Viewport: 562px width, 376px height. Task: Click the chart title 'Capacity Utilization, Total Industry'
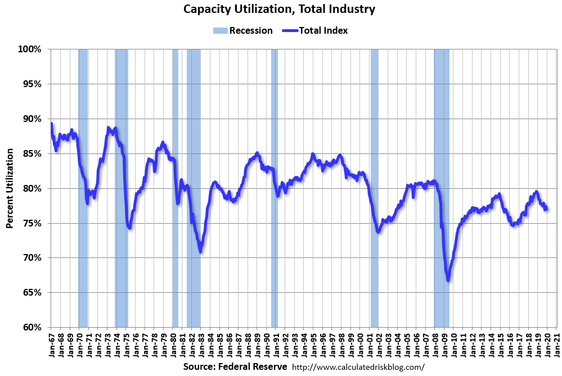pyautogui.click(x=280, y=10)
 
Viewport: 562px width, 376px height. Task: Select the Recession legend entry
pyautogui.click(x=243, y=30)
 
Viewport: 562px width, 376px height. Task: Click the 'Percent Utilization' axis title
pyautogui.click(x=10, y=189)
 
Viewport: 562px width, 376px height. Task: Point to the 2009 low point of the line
pyautogui.click(x=448, y=280)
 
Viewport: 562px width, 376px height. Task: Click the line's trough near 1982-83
pyautogui.click(x=200, y=251)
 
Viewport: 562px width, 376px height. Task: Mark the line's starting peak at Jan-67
pyautogui.click(x=51, y=124)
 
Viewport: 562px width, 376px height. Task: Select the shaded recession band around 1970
pyautogui.click(x=83, y=188)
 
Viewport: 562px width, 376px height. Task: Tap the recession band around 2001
pyautogui.click(x=374, y=188)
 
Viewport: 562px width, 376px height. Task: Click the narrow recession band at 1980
pyautogui.click(x=175, y=188)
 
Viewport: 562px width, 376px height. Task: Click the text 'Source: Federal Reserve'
pyautogui.click(x=235, y=366)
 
